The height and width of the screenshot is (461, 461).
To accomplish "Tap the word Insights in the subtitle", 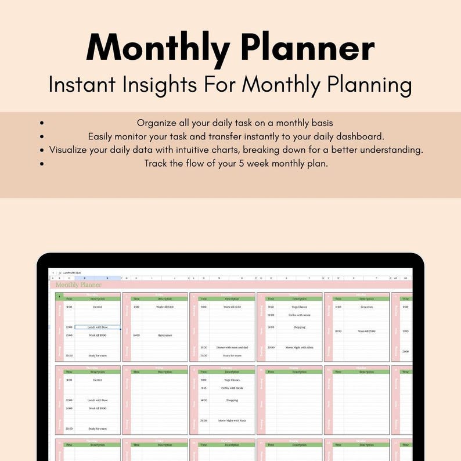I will pyautogui.click(x=158, y=85).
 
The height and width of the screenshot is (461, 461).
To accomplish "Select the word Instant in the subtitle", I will pyautogui.click(x=83, y=85).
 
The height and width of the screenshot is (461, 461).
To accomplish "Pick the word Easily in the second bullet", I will pyautogui.click(x=102, y=136).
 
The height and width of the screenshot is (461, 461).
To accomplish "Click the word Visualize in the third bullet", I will pyautogui.click(x=71, y=150).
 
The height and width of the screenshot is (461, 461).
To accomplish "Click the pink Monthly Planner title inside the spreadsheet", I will pyautogui.click(x=78, y=284).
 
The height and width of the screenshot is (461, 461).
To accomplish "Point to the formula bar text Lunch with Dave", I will pyautogui.click(x=73, y=272).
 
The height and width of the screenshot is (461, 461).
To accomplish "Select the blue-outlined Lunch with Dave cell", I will pyautogui.click(x=97, y=327).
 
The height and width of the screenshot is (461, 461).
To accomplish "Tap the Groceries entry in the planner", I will pyautogui.click(x=366, y=307).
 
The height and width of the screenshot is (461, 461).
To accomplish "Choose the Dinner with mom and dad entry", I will pyautogui.click(x=232, y=347).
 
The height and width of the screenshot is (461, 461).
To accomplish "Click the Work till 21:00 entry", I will pyautogui.click(x=366, y=331).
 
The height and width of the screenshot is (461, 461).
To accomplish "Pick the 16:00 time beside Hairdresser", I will pyautogui.click(x=136, y=335).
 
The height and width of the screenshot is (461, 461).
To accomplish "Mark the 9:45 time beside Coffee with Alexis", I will pyautogui.click(x=204, y=388).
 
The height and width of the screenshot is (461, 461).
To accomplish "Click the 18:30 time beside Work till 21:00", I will pyautogui.click(x=338, y=331).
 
